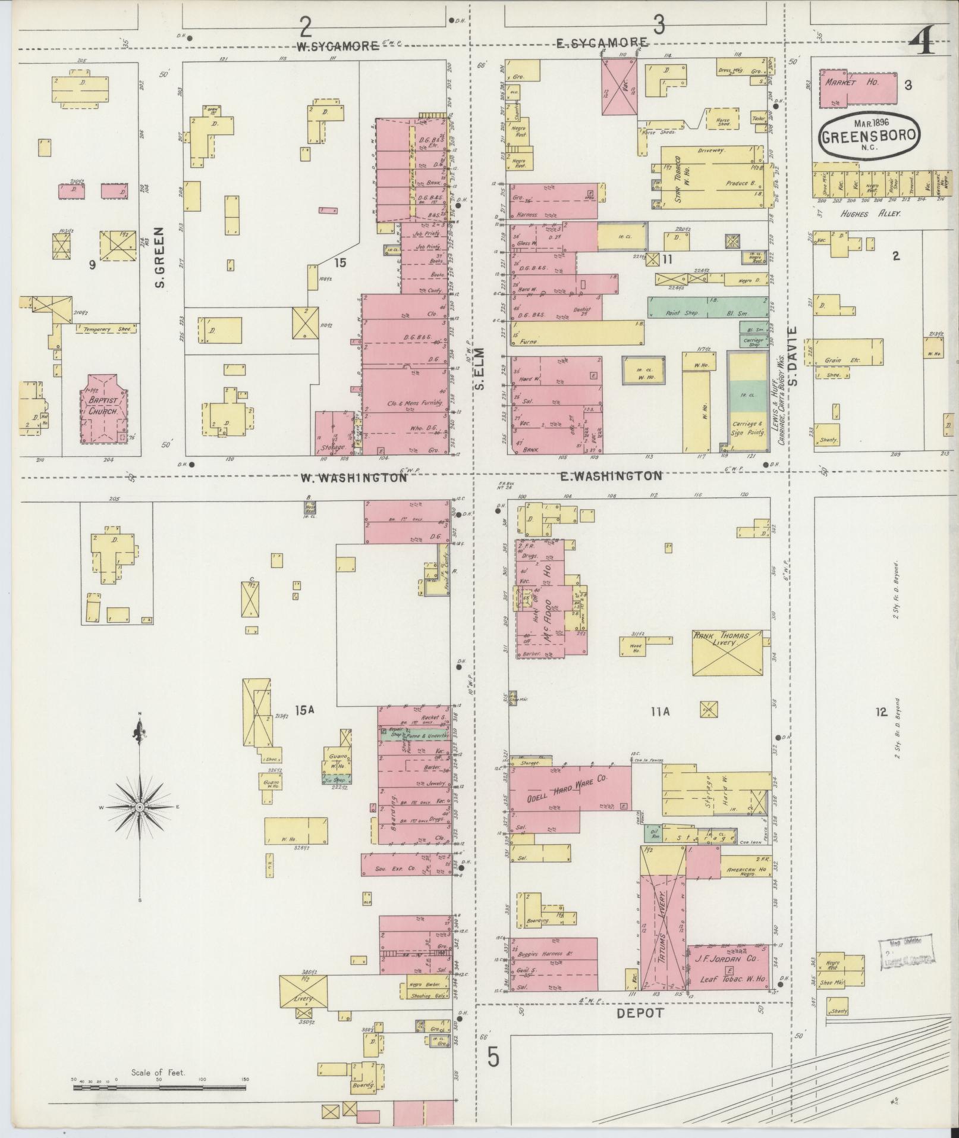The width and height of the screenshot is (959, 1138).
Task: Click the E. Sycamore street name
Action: pyautogui.click(x=602, y=43)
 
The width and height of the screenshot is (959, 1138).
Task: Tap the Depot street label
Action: pyautogui.click(x=639, y=1014)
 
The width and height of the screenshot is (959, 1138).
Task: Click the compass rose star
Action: pyautogui.click(x=139, y=807)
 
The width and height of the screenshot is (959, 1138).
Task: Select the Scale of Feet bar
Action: pyautogui.click(x=159, y=1088)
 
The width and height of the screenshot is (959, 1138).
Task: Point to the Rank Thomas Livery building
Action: pyautogui.click(x=728, y=653)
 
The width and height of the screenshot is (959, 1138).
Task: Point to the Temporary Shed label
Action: pyautogui.click(x=99, y=328)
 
